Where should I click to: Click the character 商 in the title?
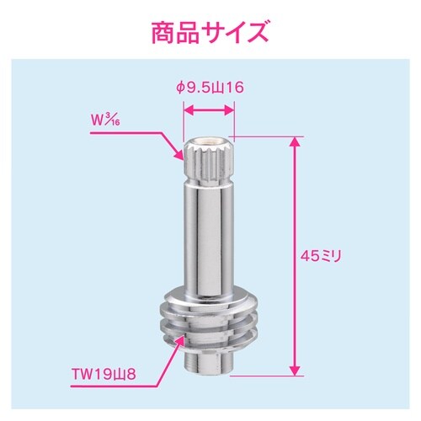coord(163,35)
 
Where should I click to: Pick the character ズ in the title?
coord(255,35)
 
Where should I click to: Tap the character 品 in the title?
coord(193,35)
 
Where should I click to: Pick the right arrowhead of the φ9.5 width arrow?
coord(228,108)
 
